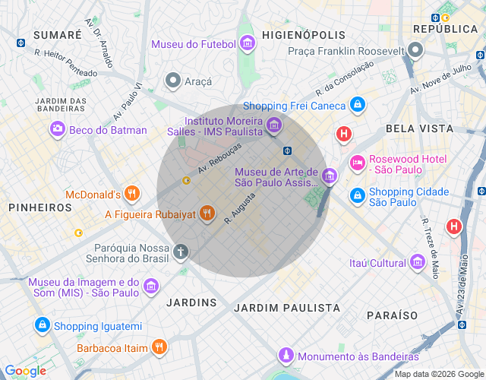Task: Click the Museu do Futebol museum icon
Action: (x=247, y=44)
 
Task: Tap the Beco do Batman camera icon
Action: (x=57, y=130)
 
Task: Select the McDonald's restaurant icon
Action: (x=133, y=194)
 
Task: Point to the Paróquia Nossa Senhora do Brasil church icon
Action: (x=181, y=251)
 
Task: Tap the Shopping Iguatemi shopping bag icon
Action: (x=42, y=326)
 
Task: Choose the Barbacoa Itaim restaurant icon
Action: (x=159, y=348)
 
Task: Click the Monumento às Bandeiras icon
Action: (x=286, y=356)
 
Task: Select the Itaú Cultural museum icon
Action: (x=417, y=263)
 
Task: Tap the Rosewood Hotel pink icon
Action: (x=357, y=163)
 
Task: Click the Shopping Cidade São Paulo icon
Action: (x=357, y=196)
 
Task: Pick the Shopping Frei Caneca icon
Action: (x=358, y=106)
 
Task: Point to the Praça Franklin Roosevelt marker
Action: (x=415, y=51)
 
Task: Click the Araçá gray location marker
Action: (x=173, y=81)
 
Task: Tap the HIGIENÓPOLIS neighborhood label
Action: (x=303, y=35)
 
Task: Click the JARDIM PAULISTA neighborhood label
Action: (x=287, y=308)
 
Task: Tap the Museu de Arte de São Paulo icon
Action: (x=329, y=176)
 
